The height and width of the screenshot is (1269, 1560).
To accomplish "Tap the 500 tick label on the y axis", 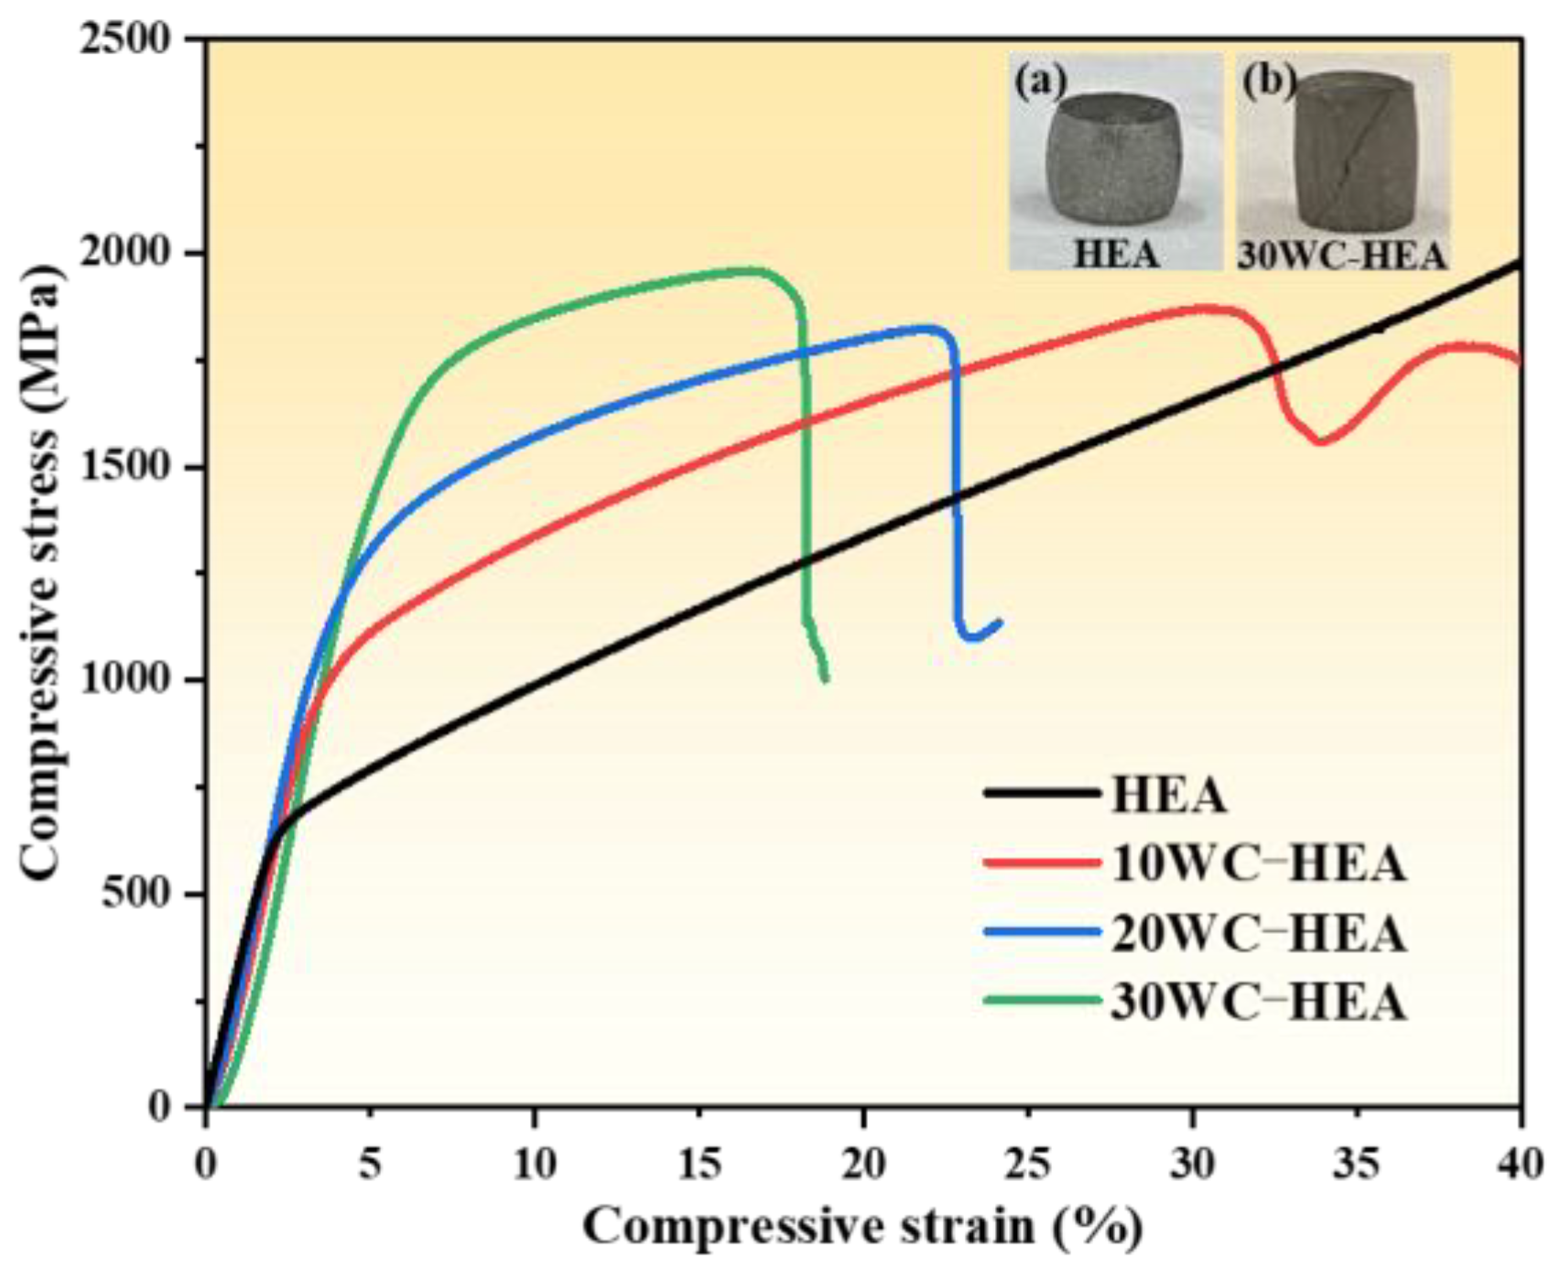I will [146, 895].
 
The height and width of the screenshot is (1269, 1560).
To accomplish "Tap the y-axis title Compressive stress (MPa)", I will [41, 572].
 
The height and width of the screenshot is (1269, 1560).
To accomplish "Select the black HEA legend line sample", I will [1042, 793].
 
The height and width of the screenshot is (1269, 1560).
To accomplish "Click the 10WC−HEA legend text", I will [1259, 862].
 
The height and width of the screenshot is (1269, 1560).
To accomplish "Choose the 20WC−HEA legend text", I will [1259, 933].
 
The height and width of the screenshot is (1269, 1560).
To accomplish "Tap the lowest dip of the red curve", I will [1321, 442].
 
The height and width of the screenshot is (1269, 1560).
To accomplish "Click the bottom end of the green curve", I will [826, 679].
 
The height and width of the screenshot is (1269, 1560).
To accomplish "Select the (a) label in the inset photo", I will [1041, 81].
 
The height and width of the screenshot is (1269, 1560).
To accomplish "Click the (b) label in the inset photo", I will [1268, 81].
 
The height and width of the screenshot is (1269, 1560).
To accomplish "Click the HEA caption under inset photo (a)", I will [1115, 254].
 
